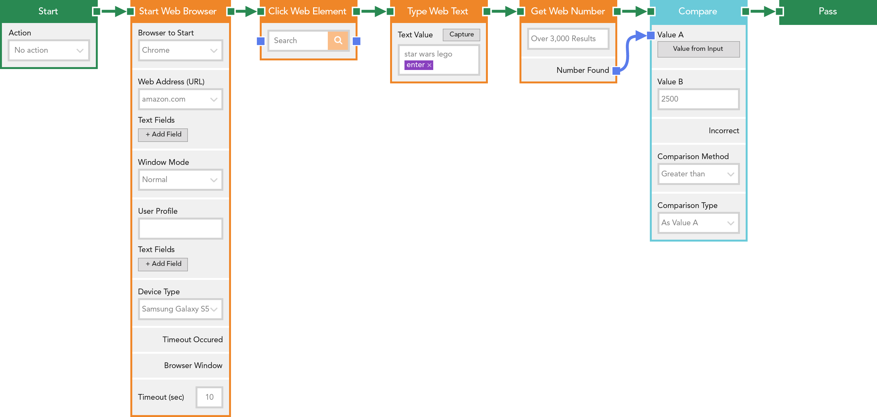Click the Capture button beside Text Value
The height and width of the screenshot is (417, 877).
point(461,35)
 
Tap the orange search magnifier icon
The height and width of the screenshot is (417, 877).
point(338,41)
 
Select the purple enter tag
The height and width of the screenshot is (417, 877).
point(419,65)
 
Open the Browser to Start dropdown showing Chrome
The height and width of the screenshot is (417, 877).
point(181,50)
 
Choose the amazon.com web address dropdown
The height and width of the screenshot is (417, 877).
point(181,99)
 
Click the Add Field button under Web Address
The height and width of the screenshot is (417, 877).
point(163,135)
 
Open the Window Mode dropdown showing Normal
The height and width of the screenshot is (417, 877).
point(181,179)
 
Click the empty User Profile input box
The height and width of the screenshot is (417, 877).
point(181,228)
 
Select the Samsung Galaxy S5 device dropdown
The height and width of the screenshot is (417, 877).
point(181,309)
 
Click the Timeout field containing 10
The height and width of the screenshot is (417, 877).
point(209,397)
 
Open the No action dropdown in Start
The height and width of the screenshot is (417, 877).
point(49,50)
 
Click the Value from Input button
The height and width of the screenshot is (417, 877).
point(698,49)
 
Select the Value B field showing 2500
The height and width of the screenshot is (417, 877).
point(698,99)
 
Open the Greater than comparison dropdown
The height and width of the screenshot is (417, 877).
point(698,174)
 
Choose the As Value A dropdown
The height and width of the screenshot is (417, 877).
point(698,223)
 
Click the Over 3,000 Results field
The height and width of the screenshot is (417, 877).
point(568,39)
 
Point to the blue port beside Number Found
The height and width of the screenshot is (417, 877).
point(616,71)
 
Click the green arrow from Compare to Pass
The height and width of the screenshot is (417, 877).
point(762,12)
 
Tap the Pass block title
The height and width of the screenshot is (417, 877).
point(827,11)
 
